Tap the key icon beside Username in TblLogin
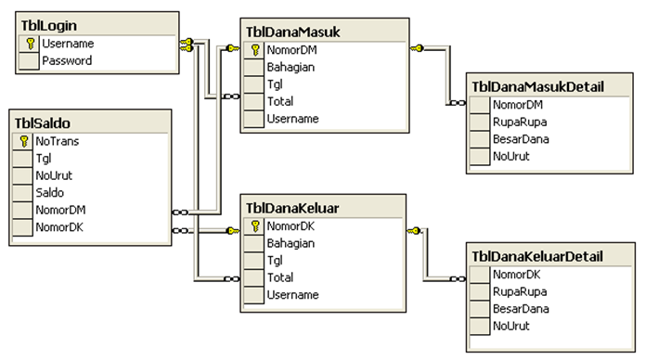click(30, 43)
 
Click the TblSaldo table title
click(45, 122)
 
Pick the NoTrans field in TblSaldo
click(58, 142)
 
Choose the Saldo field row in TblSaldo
click(50, 192)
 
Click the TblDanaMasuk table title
click(293, 32)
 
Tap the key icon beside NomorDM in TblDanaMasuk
click(254, 51)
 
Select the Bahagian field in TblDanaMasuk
click(290, 68)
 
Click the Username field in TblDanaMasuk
click(292, 119)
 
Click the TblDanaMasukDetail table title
click(537, 86)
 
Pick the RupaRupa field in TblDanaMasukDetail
click(519, 122)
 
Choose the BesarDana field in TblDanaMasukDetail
click(520, 139)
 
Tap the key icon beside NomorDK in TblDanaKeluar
click(254, 226)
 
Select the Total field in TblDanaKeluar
click(280, 277)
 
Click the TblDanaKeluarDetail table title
click(537, 256)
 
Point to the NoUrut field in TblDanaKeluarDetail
click(512, 326)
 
